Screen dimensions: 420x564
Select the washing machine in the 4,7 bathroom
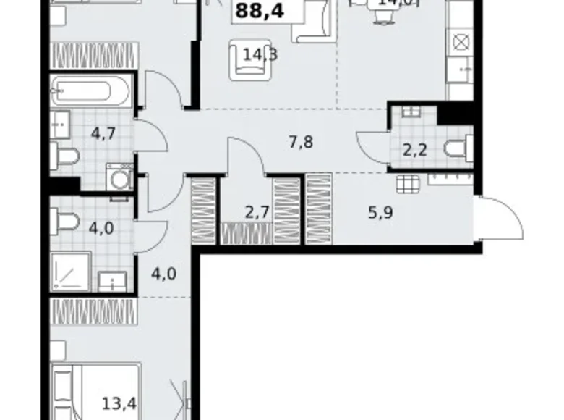click(119, 177)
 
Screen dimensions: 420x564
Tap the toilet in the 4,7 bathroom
click(64, 154)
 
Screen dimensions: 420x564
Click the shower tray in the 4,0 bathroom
click(70, 272)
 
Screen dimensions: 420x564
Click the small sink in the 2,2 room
click(411, 112)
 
